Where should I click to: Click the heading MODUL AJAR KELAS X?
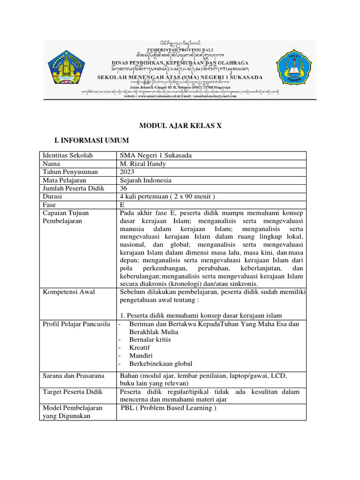coord(180,126)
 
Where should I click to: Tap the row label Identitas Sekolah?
coord(67,156)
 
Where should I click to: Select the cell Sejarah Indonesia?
coord(146,180)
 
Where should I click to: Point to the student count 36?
coord(124,188)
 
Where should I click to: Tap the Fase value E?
coord(122,205)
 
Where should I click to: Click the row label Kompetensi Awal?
coord(68,292)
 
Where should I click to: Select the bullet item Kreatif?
coord(140,347)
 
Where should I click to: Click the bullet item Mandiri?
coord(141,355)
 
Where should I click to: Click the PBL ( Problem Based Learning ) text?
coord(168,408)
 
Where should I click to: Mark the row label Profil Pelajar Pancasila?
coord(76,324)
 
